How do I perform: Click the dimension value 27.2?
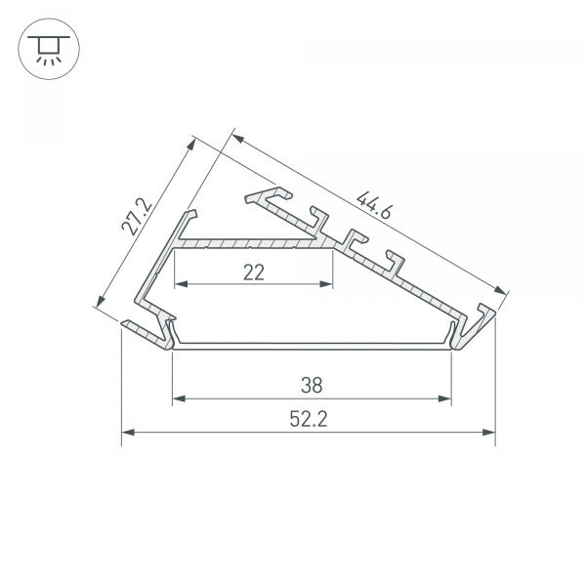click(x=137, y=217)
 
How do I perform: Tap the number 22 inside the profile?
click(x=254, y=273)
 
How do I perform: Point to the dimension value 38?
click(x=312, y=385)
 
